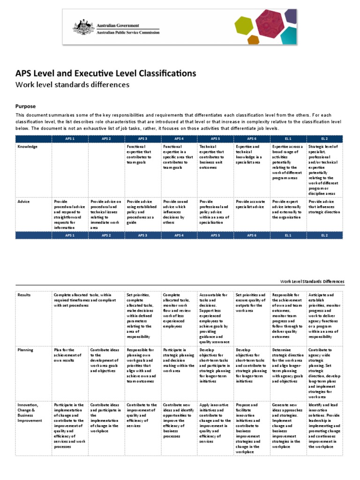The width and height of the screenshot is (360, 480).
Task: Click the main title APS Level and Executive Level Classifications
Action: [x=106, y=73]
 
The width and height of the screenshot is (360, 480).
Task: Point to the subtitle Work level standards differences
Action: [x=73, y=85]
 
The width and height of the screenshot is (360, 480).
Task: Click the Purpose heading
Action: [x=26, y=106]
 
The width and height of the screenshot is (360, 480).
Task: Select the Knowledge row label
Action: [x=28, y=147]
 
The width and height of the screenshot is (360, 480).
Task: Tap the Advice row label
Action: [x=23, y=202]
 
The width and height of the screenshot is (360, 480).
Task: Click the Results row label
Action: [x=24, y=295]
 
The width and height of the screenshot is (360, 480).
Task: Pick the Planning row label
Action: [x=25, y=350]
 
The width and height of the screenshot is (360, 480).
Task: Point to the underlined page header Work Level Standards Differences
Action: [x=312, y=281]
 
